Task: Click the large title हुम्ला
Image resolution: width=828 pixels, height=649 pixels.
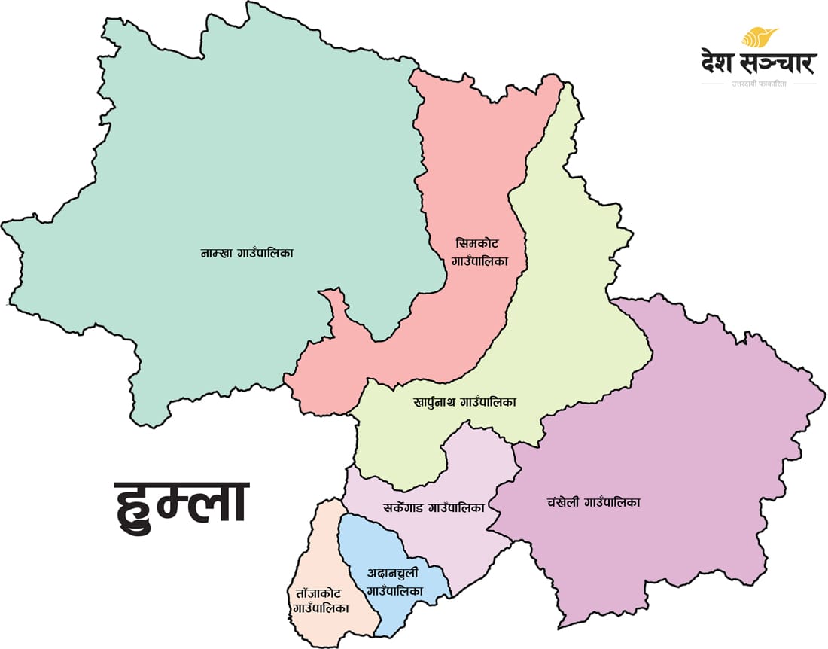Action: tap(181, 503)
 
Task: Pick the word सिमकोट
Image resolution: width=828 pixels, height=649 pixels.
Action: tap(477, 244)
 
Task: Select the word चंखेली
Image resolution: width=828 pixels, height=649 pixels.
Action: tap(563, 502)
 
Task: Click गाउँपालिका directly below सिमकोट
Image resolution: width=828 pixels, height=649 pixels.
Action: tap(479, 261)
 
